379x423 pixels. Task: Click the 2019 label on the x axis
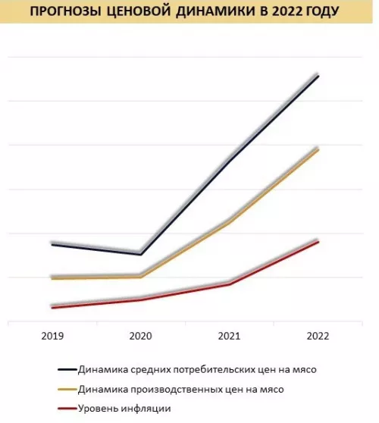click(x=52, y=336)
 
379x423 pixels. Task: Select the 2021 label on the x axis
click(x=229, y=336)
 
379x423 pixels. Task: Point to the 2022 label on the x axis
click(x=318, y=336)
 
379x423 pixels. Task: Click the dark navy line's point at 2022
click(x=318, y=76)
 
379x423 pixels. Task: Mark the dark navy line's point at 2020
click(x=140, y=254)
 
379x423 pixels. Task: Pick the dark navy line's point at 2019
click(x=52, y=243)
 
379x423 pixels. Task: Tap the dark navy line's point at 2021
click(x=229, y=160)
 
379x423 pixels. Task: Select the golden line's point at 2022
click(x=318, y=149)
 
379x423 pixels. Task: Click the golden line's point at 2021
click(x=229, y=222)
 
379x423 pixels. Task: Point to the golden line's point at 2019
click(x=52, y=278)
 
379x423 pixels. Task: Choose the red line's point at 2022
click(x=318, y=241)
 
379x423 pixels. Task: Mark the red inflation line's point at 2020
click(x=140, y=299)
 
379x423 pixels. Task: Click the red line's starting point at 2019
click(x=52, y=307)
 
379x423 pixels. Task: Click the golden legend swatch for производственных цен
click(x=66, y=390)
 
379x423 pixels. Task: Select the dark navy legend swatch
click(x=66, y=370)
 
